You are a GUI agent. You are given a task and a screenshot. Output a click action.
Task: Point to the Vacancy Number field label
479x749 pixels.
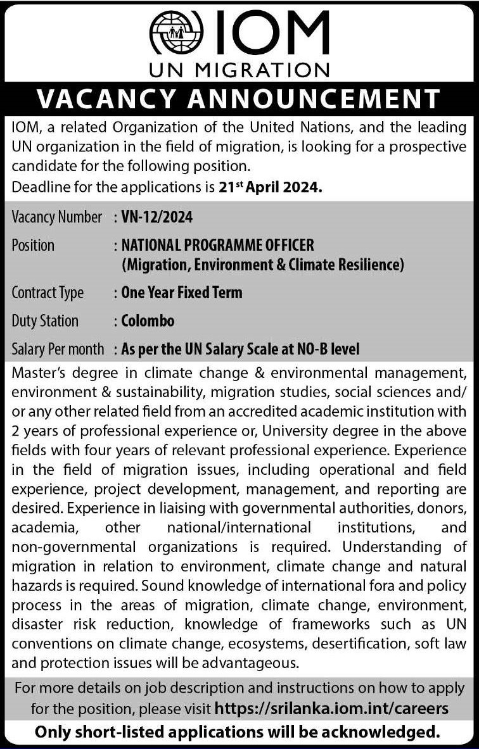56,217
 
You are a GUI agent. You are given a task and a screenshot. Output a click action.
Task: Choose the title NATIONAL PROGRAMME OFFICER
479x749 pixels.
218,244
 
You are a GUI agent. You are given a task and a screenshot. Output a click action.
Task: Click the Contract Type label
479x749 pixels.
48,293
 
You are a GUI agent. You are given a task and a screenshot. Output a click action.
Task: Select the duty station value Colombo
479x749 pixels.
148,320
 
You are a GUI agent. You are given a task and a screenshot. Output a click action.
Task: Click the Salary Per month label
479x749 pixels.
58,348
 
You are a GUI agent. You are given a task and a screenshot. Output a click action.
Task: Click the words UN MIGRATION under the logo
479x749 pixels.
239,68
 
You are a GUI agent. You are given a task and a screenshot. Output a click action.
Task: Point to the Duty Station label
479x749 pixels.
45,320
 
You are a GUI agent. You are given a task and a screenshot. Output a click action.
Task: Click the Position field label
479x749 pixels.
33,244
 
